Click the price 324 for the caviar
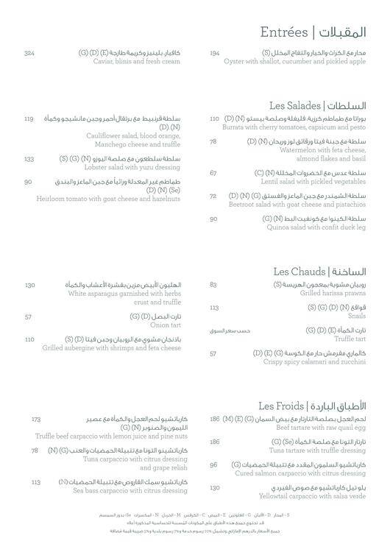coord(29,53)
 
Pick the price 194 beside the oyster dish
coord(214,53)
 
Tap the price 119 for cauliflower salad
coord(29,118)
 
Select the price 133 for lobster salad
coord(29,159)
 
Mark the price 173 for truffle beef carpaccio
coord(36,420)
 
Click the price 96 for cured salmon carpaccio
coord(213,465)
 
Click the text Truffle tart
coord(347,339)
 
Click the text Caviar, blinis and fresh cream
coord(134,61)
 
